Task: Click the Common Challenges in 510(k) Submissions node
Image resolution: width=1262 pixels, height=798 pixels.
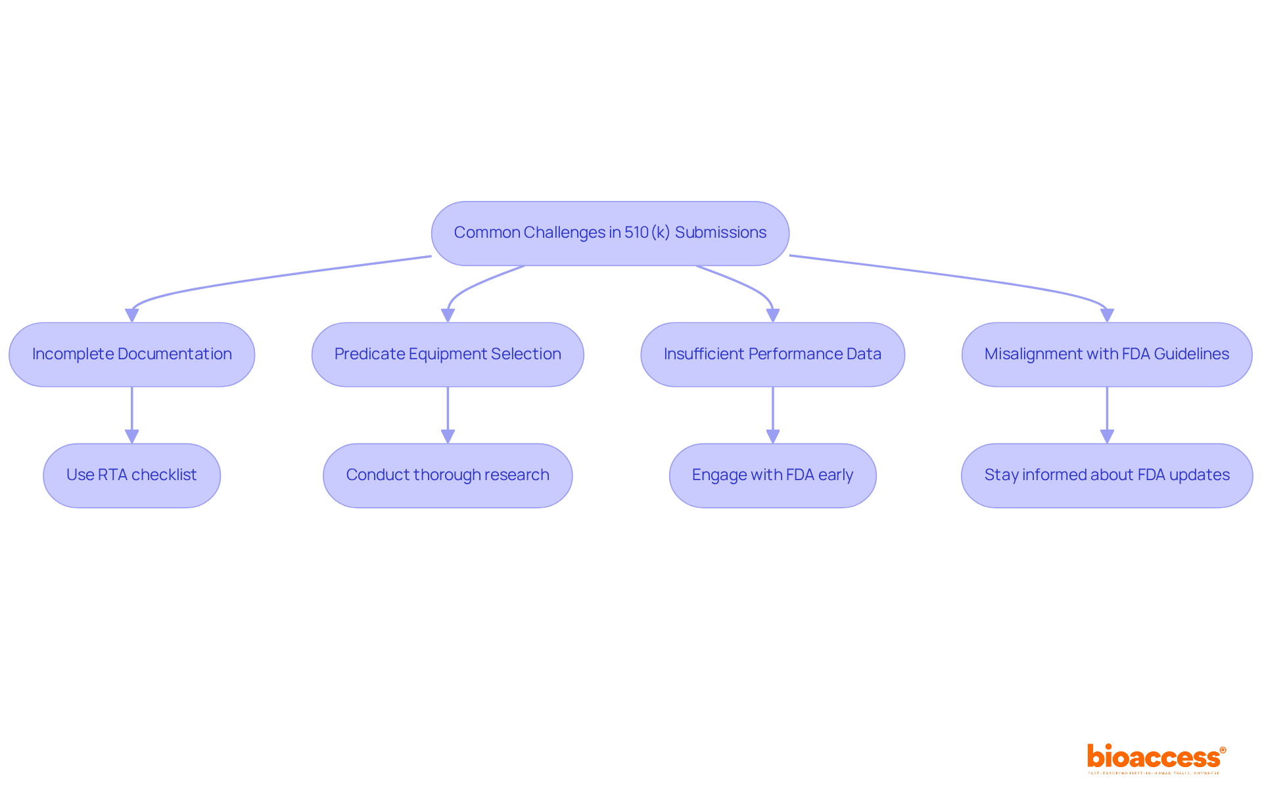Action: click(x=610, y=233)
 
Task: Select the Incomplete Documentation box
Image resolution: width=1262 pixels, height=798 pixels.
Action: click(x=131, y=354)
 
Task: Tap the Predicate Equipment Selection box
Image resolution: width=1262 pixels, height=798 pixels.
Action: click(x=448, y=354)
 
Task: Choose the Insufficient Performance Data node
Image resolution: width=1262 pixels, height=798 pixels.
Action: click(x=772, y=354)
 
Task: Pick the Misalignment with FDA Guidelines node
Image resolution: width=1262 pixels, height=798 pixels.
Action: click(x=1106, y=354)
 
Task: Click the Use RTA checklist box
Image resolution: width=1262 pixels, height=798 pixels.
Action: click(x=131, y=475)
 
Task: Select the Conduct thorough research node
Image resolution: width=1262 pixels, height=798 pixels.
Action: click(x=448, y=475)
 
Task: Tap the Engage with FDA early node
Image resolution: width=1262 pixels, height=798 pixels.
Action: click(x=772, y=475)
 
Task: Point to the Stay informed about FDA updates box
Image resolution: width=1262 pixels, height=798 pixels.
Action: click(x=1106, y=475)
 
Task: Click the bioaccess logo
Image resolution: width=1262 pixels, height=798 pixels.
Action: click(x=1156, y=758)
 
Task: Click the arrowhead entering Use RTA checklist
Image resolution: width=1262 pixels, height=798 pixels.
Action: click(x=131, y=437)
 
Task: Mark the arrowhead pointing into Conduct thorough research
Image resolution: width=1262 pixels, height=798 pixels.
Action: click(x=448, y=437)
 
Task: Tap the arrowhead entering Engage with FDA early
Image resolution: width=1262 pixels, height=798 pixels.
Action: click(x=772, y=437)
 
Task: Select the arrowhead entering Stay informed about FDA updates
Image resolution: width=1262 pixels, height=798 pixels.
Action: click(x=1107, y=437)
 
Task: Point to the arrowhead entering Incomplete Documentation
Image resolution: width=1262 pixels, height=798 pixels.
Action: click(x=132, y=315)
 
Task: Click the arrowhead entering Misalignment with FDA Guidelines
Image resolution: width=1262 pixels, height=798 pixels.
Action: click(x=1107, y=315)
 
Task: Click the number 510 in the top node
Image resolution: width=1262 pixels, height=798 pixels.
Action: click(x=636, y=233)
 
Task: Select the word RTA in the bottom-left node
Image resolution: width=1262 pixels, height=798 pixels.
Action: click(x=112, y=475)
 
